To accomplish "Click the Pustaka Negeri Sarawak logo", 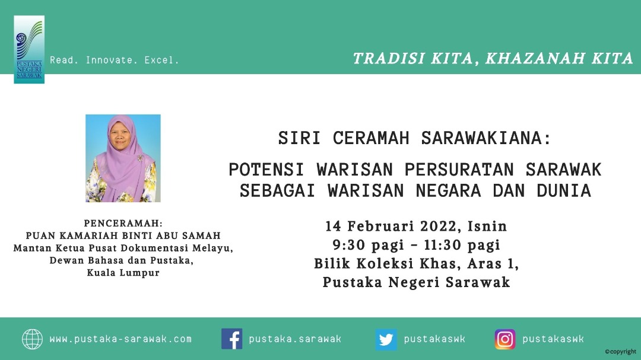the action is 29,49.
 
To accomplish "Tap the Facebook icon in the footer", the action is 232,339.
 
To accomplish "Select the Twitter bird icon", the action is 386,339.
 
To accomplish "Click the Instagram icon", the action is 505,339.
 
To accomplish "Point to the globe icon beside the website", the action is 32,339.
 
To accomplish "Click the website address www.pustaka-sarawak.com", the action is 120,339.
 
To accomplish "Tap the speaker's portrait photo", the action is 123,158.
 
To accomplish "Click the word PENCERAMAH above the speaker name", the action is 122,224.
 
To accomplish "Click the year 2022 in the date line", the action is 439,226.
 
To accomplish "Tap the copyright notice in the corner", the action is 621,352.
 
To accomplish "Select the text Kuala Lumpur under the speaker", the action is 123,273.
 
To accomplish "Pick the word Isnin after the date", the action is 487,226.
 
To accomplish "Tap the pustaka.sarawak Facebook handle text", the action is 295,339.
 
